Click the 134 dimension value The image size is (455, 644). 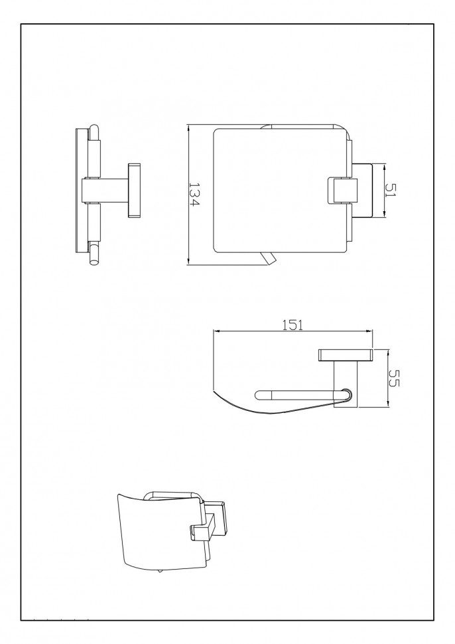[194, 195]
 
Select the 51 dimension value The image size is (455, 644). [391, 189]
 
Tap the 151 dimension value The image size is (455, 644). [293, 325]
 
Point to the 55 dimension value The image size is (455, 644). [393, 378]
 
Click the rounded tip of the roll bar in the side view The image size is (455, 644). [259, 394]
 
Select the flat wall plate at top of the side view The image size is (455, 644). [346, 355]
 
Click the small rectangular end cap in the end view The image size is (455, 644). [135, 191]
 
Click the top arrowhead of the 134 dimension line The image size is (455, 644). [188, 128]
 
